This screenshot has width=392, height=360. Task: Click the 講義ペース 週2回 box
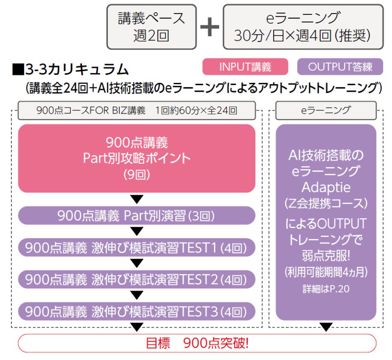151,27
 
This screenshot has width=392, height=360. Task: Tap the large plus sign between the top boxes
209,27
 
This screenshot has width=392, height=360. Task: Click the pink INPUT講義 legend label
245,67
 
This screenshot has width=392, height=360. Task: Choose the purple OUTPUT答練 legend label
340,67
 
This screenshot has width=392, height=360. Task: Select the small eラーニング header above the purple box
325,110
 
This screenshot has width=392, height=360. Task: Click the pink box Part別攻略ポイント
137,158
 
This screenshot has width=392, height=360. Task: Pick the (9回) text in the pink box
137,174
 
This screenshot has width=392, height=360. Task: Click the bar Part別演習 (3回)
137,215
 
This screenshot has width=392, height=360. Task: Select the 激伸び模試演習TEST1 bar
137,248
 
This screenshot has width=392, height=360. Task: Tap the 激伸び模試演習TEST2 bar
137,280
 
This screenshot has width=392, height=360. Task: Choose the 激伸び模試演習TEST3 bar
137,311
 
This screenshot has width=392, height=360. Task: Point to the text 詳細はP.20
325,289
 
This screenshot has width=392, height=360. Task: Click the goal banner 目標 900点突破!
197,343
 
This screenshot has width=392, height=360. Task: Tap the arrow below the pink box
137,199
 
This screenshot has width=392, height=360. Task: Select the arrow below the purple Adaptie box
325,327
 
